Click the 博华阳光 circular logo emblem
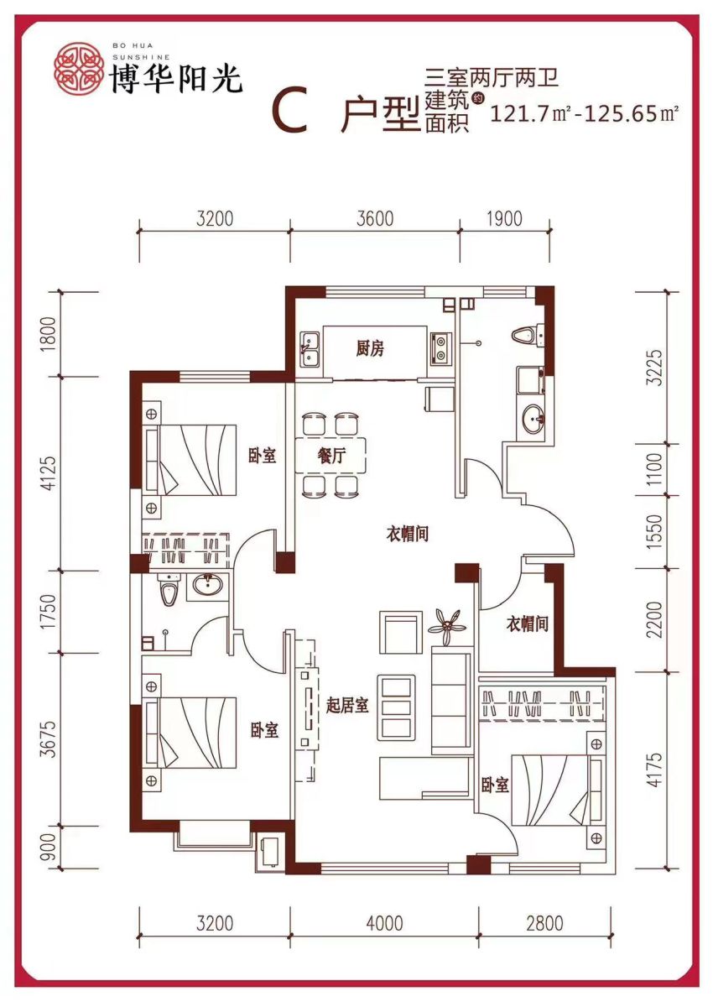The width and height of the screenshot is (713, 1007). click(78, 66)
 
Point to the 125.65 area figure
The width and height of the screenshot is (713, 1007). click(620, 114)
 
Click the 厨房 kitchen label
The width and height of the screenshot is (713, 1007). click(370, 349)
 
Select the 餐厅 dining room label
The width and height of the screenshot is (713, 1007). click(331, 457)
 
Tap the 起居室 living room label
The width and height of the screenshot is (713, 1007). click(347, 706)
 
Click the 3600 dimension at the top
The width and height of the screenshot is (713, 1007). click(375, 219)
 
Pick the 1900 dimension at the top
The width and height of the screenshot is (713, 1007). click(504, 219)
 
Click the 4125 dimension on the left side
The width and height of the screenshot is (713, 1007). click(51, 472)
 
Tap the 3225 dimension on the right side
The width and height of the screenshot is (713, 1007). click(655, 367)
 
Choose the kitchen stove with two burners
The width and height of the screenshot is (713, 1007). click(439, 349)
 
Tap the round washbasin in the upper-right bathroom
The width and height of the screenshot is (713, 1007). click(533, 420)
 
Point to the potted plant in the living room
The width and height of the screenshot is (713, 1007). click(446, 627)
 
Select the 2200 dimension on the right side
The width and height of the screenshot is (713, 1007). click(655, 619)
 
